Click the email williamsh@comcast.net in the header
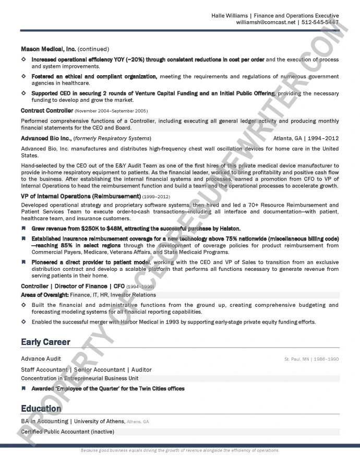pyautogui.click(x=266, y=22)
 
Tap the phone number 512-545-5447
pyautogui.click(x=320, y=22)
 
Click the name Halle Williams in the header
pyautogui.click(x=229, y=16)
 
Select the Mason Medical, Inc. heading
pyautogui.click(x=48, y=49)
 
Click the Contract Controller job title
pyautogui.click(x=46, y=111)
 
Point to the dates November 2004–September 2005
pyautogui.click(x=111, y=111)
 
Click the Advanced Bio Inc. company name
pyautogui.click(x=46, y=138)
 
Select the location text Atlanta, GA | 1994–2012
pyautogui.click(x=306, y=138)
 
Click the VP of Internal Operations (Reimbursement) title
pyautogui.click(x=80, y=196)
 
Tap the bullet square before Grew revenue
pyautogui.click(x=23, y=229)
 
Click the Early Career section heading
pyautogui.click(x=45, y=342)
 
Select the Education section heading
pyautogui.click(x=41, y=408)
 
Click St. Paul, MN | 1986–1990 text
pyautogui.click(x=311, y=359)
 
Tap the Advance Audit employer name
pyautogui.click(x=41, y=359)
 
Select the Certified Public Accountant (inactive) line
pyautogui.click(x=67, y=432)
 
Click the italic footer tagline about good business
pyautogui.click(x=180, y=450)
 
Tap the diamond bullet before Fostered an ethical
pyautogui.click(x=23, y=76)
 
